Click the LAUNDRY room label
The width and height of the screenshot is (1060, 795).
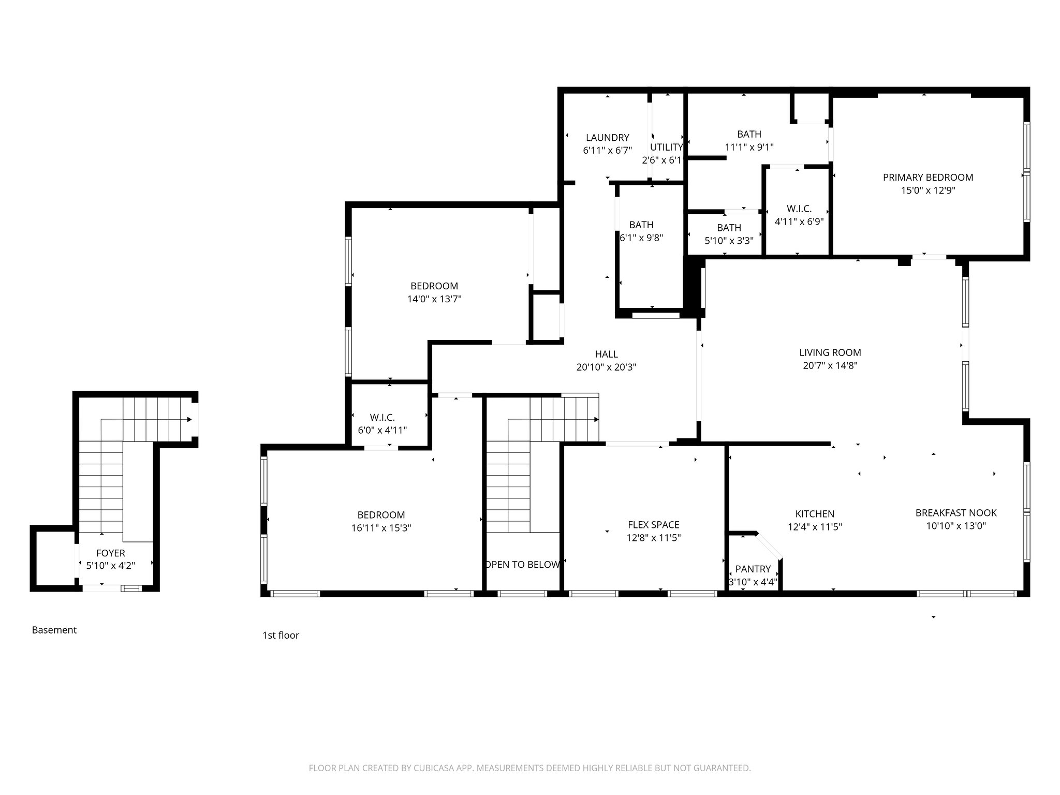tap(607, 138)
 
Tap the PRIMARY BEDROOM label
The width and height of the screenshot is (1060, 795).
tap(927, 178)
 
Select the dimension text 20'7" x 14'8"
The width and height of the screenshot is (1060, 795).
tap(830, 366)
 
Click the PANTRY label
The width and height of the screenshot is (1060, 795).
tap(753, 569)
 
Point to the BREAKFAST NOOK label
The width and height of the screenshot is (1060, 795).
tap(955, 513)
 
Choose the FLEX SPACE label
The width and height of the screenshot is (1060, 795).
tap(653, 525)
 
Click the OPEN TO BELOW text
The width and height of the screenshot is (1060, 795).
tap(523, 565)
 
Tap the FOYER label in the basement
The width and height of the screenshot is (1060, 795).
tap(110, 553)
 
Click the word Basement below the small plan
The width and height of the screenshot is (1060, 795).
tap(54, 630)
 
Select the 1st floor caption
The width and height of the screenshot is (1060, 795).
tap(281, 635)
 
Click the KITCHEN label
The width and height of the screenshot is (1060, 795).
tap(815, 514)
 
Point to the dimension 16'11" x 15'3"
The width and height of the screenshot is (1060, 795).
tap(381, 528)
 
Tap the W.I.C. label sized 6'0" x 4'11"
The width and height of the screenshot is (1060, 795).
tap(382, 417)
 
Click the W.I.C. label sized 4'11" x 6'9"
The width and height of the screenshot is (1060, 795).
tap(799, 209)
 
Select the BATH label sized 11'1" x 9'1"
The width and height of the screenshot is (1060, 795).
tap(749, 134)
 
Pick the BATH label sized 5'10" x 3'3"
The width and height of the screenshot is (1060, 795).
tap(729, 228)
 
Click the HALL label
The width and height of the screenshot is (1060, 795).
tap(606, 354)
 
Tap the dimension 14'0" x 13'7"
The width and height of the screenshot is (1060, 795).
tap(434, 299)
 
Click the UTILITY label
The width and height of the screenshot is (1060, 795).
tap(666, 147)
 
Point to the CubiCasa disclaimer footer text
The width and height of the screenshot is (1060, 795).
tap(529, 768)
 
